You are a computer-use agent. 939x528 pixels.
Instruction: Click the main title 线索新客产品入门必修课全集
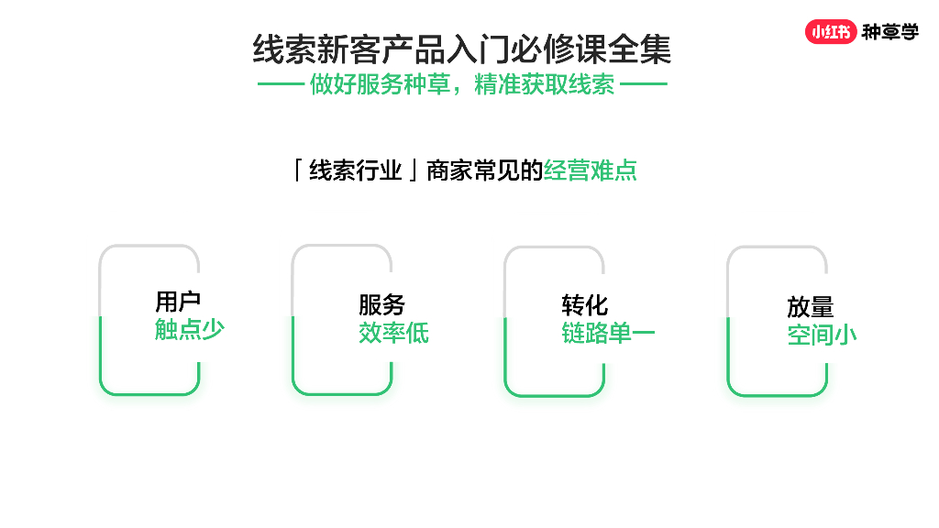[462, 49]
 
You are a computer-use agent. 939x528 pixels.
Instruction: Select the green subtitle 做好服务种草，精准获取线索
[462, 85]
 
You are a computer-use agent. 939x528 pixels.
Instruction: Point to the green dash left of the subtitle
[280, 85]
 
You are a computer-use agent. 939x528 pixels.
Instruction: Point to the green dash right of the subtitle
[645, 85]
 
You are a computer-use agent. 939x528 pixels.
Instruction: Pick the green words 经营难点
[591, 170]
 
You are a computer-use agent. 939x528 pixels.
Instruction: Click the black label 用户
[178, 302]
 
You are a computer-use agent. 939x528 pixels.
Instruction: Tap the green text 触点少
[189, 330]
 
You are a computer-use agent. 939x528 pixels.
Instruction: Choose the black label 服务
[381, 305]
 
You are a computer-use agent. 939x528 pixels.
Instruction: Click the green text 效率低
[393, 333]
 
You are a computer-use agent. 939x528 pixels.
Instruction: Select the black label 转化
[585, 305]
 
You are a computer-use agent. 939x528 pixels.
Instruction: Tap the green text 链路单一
[608, 333]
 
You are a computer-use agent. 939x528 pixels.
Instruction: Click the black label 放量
[811, 307]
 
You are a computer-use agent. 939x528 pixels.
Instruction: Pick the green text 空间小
[822, 335]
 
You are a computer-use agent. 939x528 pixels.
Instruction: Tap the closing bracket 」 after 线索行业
[414, 171]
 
